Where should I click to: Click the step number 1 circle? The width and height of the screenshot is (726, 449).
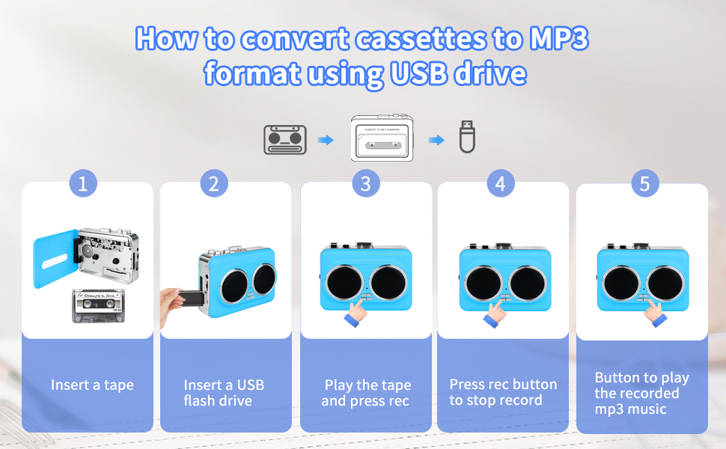coord(83,184)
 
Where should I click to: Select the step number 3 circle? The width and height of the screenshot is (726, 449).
coord(365,184)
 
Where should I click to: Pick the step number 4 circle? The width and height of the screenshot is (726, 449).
coord(500,184)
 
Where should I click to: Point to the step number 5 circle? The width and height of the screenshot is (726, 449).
coord(644,184)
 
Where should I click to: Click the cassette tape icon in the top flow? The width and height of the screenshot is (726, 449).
coord(285,140)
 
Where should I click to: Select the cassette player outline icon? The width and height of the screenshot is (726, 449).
coord(382,139)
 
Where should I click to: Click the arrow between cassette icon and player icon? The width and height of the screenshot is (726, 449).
coord(325,140)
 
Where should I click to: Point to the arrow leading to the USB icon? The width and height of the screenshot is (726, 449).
coord(436,140)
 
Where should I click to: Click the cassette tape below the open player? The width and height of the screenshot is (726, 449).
coord(97,305)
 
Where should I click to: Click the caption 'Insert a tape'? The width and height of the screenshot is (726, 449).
coord(92,385)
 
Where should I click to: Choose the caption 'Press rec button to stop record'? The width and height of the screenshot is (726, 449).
coord(503,392)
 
